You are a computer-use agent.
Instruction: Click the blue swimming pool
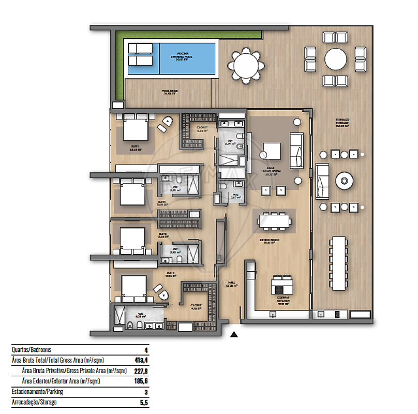(x=187, y=58)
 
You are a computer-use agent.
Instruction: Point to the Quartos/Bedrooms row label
(x=32, y=350)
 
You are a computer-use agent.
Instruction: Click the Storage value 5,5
(x=137, y=402)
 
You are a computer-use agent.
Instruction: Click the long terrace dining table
(x=339, y=264)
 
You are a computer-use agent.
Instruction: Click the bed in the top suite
(x=136, y=128)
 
